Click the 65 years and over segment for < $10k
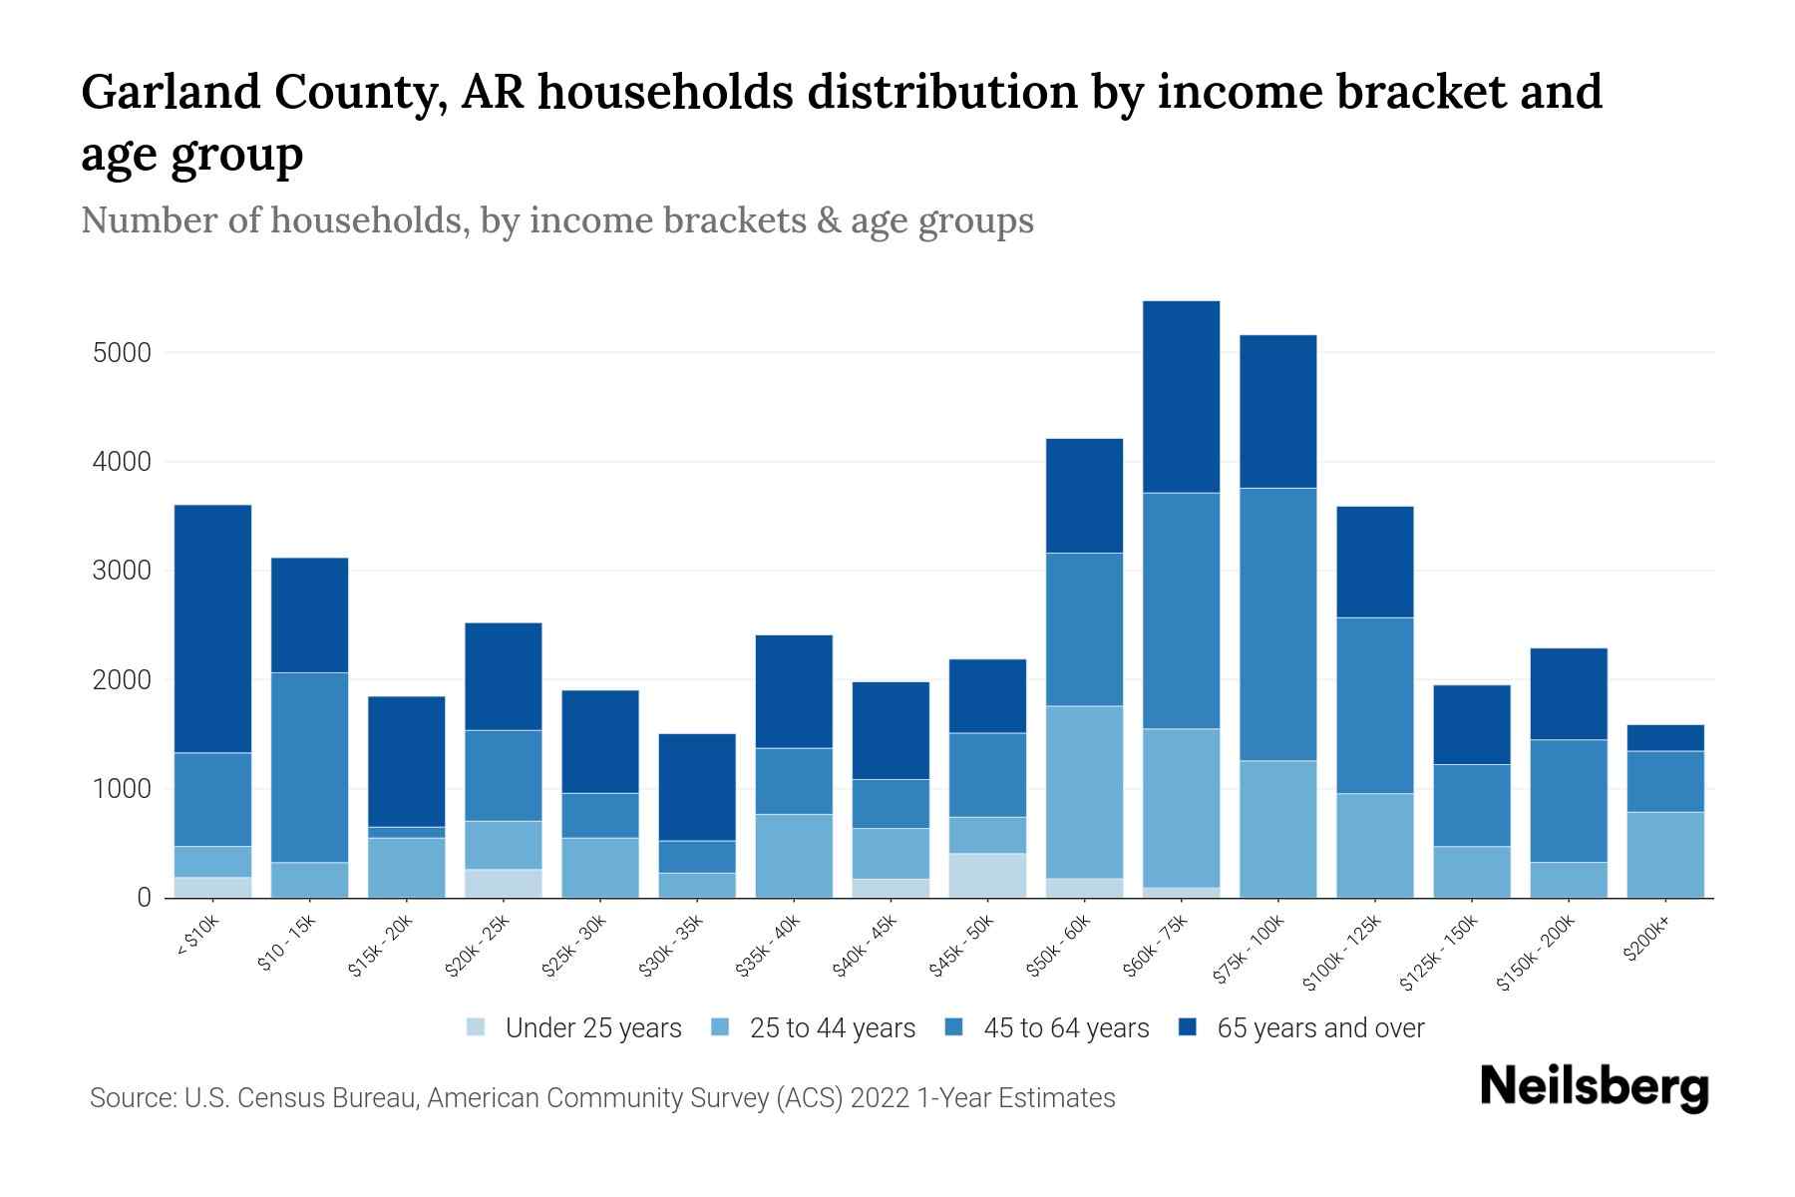tap(212, 628)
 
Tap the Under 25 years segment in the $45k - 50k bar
tap(987, 875)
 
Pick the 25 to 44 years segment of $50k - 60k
tap(1084, 792)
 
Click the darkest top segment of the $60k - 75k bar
tap(1181, 396)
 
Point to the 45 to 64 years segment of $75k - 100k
tap(1277, 623)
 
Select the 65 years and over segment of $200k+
tap(1665, 737)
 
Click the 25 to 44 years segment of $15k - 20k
tap(406, 867)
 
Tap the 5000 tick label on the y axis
tap(122, 353)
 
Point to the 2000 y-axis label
tap(122, 680)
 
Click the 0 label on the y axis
tap(145, 898)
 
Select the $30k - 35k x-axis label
tap(673, 945)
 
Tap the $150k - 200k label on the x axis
tap(1537, 952)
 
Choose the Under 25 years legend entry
tap(592, 1028)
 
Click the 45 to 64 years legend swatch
tap(954, 1027)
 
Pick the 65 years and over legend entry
tap(1319, 1028)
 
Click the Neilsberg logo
tap(1594, 1087)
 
